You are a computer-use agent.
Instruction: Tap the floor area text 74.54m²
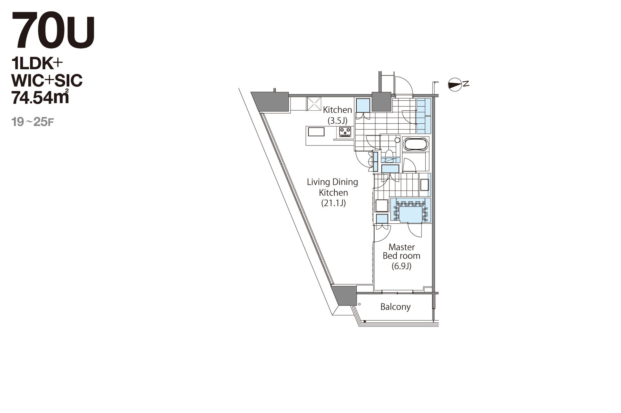40,97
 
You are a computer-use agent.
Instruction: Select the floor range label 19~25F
33,122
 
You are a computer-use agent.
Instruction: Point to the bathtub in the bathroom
416,144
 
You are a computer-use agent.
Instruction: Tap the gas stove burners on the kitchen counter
345,132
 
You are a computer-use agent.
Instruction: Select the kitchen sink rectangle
316,132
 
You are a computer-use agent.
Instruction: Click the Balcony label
395,307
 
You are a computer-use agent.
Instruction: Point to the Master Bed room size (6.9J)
401,266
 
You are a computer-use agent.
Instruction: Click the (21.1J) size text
333,203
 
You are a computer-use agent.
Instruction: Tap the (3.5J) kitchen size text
337,120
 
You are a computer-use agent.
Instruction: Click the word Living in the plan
318,182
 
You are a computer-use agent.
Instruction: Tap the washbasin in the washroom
424,185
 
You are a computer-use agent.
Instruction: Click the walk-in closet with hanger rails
411,210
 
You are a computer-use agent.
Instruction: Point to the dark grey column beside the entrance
381,102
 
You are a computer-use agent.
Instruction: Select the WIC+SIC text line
47,81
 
